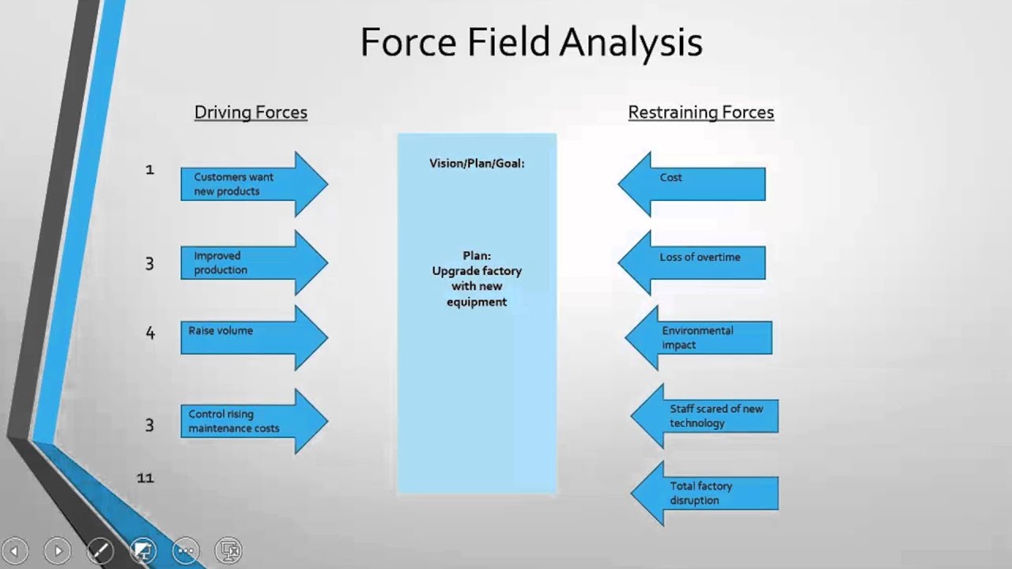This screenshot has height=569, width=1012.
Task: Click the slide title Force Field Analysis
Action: (531, 43)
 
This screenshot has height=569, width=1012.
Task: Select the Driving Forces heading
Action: (251, 112)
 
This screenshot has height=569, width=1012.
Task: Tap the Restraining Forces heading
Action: (700, 112)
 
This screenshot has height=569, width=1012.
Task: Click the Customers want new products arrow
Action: (253, 184)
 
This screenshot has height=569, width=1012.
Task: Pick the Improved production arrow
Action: (253, 262)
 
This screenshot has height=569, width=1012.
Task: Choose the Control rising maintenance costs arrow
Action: (253, 421)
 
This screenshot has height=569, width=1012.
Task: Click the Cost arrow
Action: (692, 183)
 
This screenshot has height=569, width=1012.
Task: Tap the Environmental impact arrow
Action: (699, 337)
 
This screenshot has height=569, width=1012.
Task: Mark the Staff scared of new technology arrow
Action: (705, 416)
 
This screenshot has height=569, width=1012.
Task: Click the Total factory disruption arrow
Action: (705, 494)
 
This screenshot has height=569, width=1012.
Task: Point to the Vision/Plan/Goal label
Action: (477, 164)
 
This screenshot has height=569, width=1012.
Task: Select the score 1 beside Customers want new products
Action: (149, 169)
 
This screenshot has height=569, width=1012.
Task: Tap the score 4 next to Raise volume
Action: (149, 333)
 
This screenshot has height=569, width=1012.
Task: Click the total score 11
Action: (145, 477)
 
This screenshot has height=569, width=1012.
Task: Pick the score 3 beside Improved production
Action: (149, 263)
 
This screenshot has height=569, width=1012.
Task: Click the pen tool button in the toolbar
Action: (100, 550)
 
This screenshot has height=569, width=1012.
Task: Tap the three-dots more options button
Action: (186, 550)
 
